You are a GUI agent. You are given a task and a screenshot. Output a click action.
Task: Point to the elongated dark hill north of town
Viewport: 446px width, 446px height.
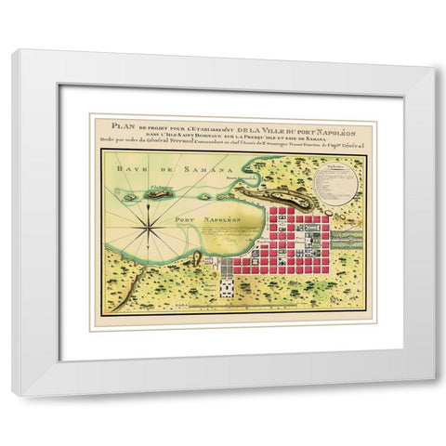[270, 191]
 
